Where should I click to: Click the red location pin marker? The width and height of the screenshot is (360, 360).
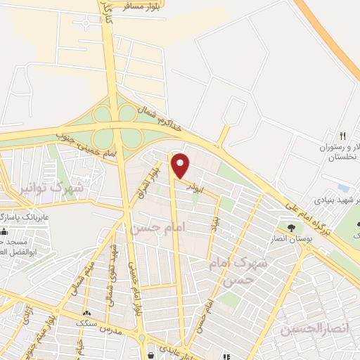pos(181,165)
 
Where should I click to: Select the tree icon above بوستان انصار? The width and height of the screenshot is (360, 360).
pos(290,227)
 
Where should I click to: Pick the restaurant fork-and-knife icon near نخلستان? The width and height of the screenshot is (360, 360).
pos(343,136)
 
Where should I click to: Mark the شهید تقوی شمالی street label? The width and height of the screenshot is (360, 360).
pos(110,271)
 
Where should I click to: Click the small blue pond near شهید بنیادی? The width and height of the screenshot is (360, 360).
pos(344,188)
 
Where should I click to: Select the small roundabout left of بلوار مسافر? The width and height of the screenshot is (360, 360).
pos(86,22)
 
